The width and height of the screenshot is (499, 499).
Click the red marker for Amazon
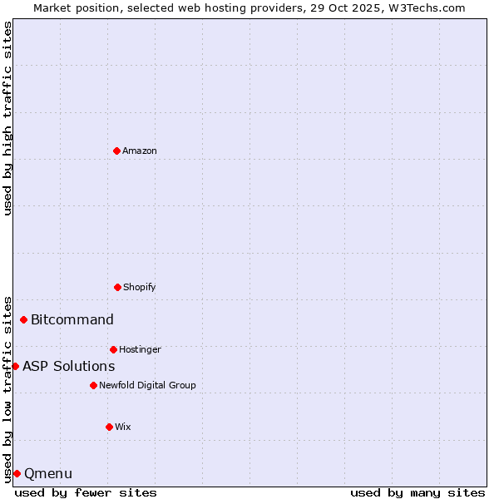[x=116, y=151]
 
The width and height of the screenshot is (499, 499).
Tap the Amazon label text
[x=140, y=151]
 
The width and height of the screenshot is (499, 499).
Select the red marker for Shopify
[x=117, y=287]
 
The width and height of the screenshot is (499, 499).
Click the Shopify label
[x=140, y=288]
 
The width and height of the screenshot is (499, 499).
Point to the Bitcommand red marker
[x=23, y=319]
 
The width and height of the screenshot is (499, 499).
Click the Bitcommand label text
[x=72, y=320]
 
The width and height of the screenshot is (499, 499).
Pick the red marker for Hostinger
[x=113, y=349]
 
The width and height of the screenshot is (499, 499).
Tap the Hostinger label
[x=140, y=350]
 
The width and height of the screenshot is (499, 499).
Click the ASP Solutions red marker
[x=15, y=366]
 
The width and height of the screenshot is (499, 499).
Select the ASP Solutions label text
[x=69, y=367]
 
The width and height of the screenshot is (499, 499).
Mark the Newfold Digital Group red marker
[x=93, y=385]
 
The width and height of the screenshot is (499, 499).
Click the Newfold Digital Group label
[x=147, y=386]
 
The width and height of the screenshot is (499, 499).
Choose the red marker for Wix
[x=109, y=427]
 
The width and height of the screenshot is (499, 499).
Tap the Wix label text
[x=123, y=427]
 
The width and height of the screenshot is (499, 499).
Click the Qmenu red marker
[x=17, y=473]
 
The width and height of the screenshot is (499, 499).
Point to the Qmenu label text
[x=48, y=474]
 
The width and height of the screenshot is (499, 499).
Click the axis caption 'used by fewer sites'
[x=86, y=492]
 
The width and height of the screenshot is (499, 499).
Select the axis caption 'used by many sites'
[x=417, y=492]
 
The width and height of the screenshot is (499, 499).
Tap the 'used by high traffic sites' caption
[x=7, y=118]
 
